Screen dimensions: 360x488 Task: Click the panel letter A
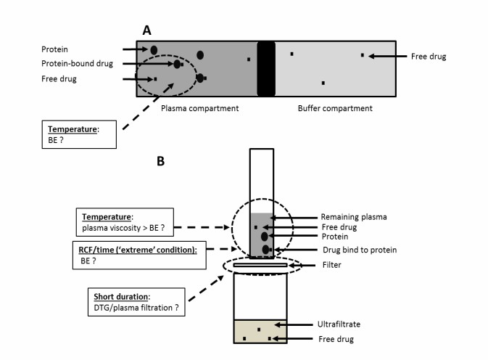[146, 30]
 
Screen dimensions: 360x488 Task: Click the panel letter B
[161, 161]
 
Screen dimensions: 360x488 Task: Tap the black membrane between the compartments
[266, 68]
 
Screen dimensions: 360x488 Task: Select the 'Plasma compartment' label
[199, 108]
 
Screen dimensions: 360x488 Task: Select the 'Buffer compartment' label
[335, 108]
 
